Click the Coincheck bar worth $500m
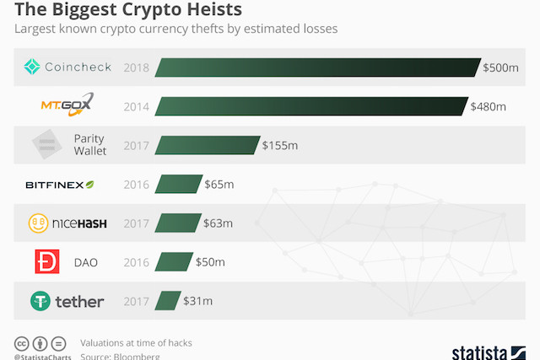[317, 67]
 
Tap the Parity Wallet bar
[207, 146]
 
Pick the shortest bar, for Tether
[169, 301]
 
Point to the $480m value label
[488, 106]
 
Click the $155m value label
[279, 146]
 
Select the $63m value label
[218, 223]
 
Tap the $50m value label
[210, 262]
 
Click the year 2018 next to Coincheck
[137, 67]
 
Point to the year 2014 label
[137, 106]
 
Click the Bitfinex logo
[60, 185]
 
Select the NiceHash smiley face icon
[37, 223]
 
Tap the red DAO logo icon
[46, 262]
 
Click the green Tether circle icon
[40, 301]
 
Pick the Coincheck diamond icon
[32, 67]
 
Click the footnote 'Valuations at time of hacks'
[135, 342]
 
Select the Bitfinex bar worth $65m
[178, 185]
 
